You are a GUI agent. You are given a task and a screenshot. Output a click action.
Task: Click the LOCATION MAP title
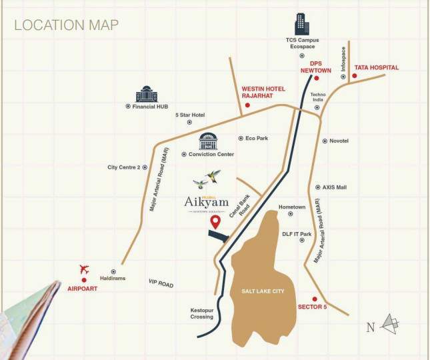click(67, 25)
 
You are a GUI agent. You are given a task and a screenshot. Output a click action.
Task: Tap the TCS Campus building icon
click(302, 23)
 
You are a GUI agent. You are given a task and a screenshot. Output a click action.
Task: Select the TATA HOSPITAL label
click(377, 67)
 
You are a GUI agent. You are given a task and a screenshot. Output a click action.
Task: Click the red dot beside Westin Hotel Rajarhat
click(247, 105)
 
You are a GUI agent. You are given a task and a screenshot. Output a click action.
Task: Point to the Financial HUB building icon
click(145, 94)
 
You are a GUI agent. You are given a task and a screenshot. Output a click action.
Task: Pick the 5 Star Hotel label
click(190, 115)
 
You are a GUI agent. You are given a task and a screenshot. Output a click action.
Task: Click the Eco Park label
click(257, 138)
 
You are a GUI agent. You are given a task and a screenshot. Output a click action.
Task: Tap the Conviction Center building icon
click(209, 141)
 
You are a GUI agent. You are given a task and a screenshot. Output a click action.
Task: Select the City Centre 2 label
click(123, 167)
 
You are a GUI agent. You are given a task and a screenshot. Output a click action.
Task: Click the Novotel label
click(339, 141)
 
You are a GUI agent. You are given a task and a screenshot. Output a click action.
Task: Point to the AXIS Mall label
click(335, 187)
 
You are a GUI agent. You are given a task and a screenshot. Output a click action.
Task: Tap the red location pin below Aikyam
click(214, 222)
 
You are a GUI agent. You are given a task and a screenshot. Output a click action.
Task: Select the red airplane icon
click(84, 269)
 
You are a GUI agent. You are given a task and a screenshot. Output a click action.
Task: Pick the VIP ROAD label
click(161, 285)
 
